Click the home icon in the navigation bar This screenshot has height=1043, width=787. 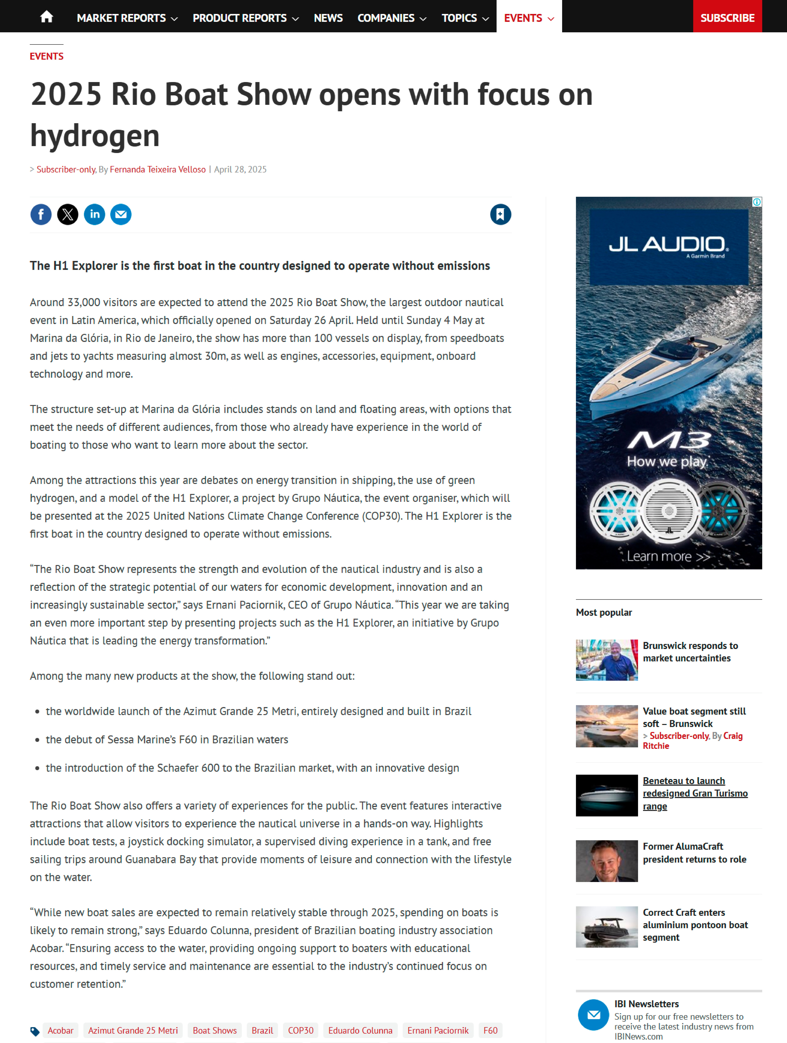(46, 17)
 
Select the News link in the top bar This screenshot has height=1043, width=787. (328, 18)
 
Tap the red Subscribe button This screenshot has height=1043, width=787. (727, 18)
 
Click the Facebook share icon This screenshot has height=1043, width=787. (41, 215)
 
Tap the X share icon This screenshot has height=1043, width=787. (68, 215)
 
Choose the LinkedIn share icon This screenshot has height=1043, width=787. (94, 215)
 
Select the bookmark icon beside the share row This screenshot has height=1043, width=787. (500, 215)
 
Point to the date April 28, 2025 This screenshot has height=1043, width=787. (240, 169)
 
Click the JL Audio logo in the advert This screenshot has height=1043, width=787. (668, 245)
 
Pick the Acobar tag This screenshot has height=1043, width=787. (60, 1030)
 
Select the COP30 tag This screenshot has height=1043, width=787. (301, 1030)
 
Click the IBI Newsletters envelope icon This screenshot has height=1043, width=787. (593, 1015)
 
